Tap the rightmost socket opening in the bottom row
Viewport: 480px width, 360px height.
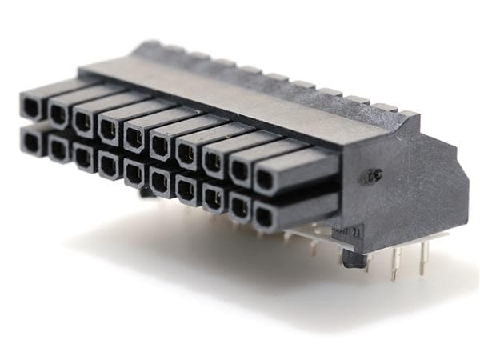(265, 214)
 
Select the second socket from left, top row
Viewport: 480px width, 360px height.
(58, 114)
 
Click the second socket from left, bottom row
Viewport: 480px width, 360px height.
(58, 148)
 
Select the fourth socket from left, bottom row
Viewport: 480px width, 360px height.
(108, 163)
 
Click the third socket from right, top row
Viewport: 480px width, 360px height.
(213, 162)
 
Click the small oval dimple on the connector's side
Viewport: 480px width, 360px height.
(373, 176)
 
